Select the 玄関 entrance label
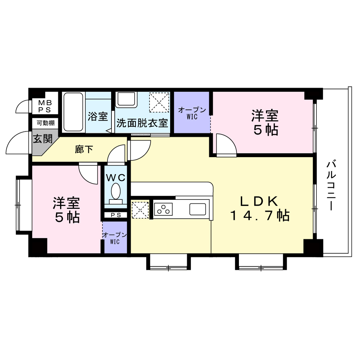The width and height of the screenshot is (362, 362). [x=42, y=139]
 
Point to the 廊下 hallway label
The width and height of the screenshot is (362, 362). [x=84, y=149]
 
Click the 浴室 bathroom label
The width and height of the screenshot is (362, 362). [x=98, y=117]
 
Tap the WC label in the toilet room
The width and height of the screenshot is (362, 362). [x=116, y=178]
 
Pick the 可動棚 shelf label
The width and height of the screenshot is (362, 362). [x=46, y=123]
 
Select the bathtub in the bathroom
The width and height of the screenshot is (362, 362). [x=73, y=112]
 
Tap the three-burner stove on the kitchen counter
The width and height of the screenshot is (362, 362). [x=163, y=209]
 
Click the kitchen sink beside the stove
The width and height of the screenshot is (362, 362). [x=198, y=209]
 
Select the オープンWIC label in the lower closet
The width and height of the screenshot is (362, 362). [x=115, y=238]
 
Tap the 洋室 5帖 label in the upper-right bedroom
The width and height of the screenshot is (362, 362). [x=265, y=123]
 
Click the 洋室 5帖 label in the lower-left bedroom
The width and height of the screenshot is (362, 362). [x=67, y=210]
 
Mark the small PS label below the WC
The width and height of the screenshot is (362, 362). [x=116, y=215]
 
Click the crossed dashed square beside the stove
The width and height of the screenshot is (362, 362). [x=140, y=210]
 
